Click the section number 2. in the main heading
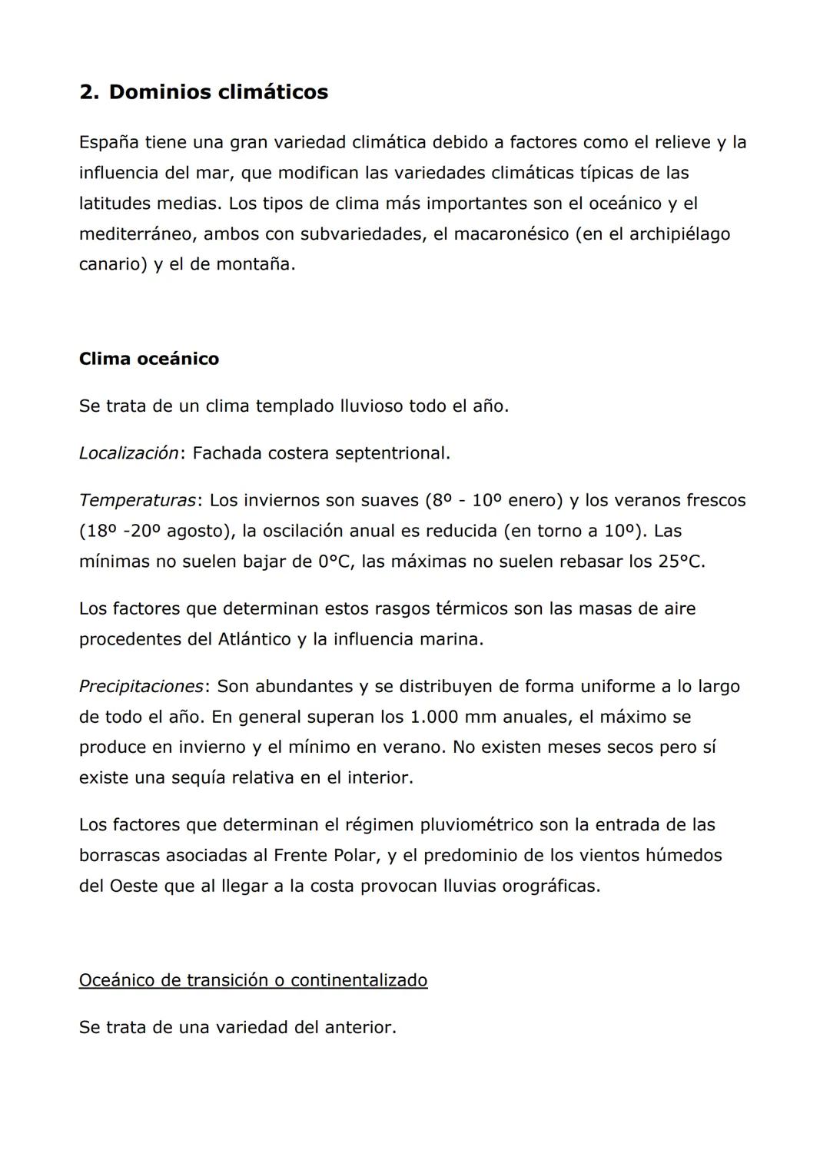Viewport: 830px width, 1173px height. click(x=89, y=92)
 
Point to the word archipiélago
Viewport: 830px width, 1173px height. click(x=679, y=234)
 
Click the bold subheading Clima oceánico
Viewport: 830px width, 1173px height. click(x=148, y=359)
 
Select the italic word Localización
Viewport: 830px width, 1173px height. click(x=128, y=453)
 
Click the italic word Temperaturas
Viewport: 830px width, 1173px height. click(x=138, y=500)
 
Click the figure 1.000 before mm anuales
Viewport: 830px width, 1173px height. click(x=438, y=717)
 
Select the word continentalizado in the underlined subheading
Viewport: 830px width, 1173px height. click(x=359, y=980)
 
